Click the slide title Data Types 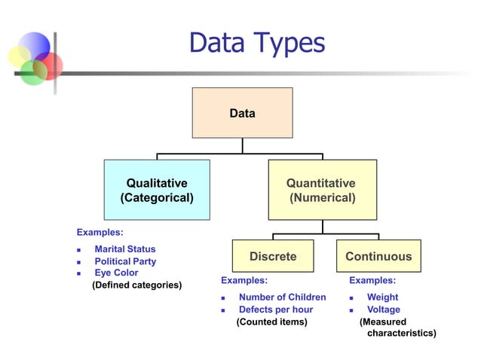256,43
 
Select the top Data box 242,113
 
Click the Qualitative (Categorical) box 157,190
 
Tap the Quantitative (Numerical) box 322,190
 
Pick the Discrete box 273,256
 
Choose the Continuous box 378,256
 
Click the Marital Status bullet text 124,249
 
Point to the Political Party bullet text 125,261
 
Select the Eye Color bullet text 116,273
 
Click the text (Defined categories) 136,285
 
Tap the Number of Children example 282,297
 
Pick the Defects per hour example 275,310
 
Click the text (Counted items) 272,322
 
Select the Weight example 382,297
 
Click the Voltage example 383,310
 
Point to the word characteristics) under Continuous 401,333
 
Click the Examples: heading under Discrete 244,280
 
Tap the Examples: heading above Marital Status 100,232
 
